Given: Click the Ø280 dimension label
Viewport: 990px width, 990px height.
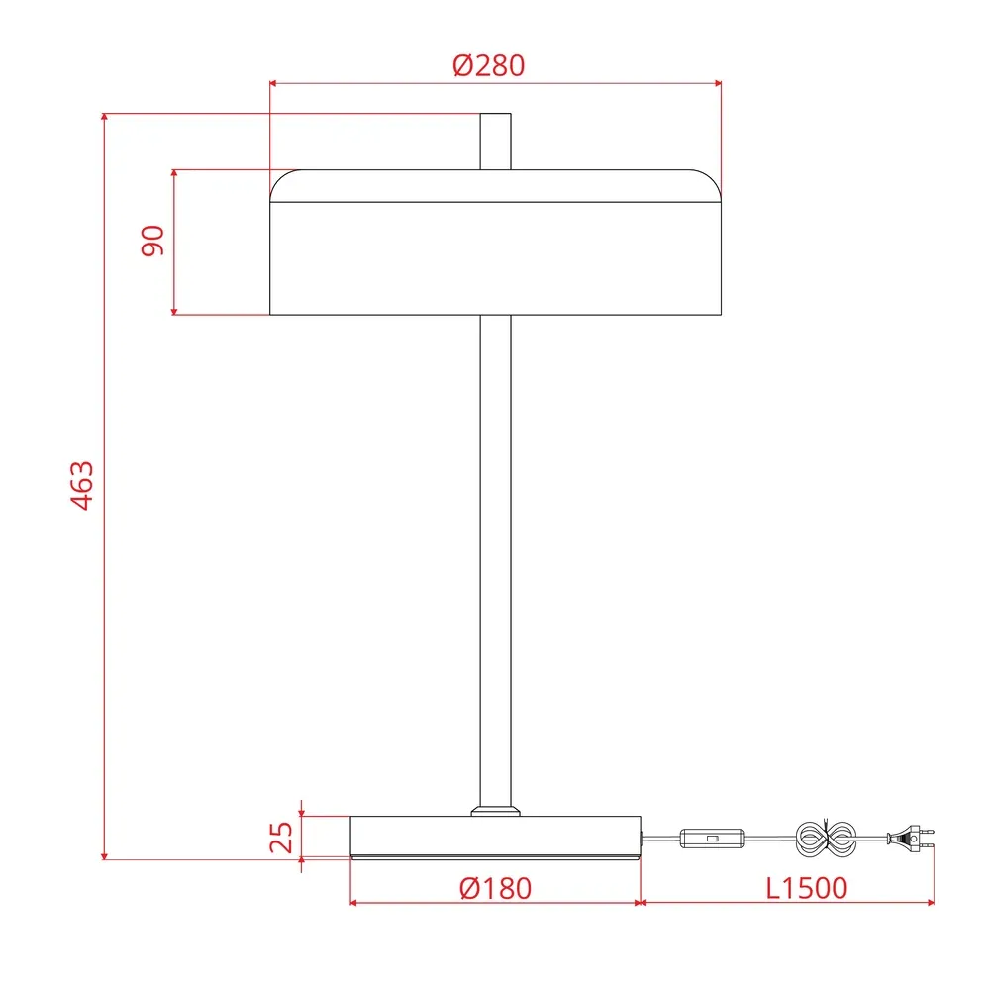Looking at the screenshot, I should [x=489, y=66].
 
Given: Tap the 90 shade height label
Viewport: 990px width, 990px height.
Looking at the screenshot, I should [x=152, y=241].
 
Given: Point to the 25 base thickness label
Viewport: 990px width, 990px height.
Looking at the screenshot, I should [x=282, y=838].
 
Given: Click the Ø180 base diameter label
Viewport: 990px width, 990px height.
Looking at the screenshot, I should [x=495, y=888].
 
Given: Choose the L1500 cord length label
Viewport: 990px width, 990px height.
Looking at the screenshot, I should [x=807, y=888].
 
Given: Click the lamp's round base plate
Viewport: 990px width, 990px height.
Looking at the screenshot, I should [x=495, y=837].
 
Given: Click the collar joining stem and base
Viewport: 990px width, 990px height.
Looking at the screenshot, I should [x=495, y=811].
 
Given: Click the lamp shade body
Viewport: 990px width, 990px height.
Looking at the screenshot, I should [x=495, y=257].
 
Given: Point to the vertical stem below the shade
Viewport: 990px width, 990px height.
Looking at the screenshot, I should [x=495, y=554].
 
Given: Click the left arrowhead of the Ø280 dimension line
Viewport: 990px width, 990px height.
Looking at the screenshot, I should [x=274, y=84].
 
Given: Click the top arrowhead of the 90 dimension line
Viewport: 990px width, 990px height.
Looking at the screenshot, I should [x=174, y=174].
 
